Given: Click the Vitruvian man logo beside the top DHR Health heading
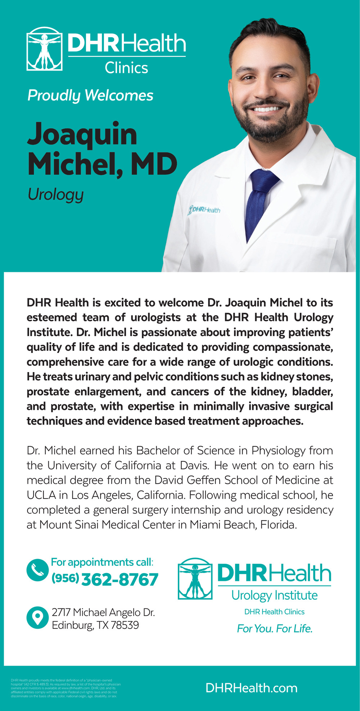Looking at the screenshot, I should click(44, 49).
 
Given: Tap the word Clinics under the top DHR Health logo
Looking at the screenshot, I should click(126, 68).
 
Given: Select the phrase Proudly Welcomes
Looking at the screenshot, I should click(90, 95).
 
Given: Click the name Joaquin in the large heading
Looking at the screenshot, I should click(82, 134).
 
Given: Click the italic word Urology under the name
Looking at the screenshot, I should click(55, 195).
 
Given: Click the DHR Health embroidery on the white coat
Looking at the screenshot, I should click(204, 210).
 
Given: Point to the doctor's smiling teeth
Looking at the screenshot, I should click(267, 109).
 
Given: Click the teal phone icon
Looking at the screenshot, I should click(37, 569).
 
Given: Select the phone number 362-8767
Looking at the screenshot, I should click(120, 580).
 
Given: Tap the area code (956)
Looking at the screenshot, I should click(65, 578).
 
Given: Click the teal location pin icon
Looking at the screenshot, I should click(37, 618).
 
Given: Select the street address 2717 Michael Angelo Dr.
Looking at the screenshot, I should click(103, 612).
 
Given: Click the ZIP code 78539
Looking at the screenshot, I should click(125, 625).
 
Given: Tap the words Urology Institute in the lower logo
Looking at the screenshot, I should click(274, 595).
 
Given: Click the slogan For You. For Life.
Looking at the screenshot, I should click(275, 629).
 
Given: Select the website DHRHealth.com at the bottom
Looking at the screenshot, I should click(251, 688).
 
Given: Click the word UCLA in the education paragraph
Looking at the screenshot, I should click(41, 495).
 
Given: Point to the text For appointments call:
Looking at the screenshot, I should click(102, 562).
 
